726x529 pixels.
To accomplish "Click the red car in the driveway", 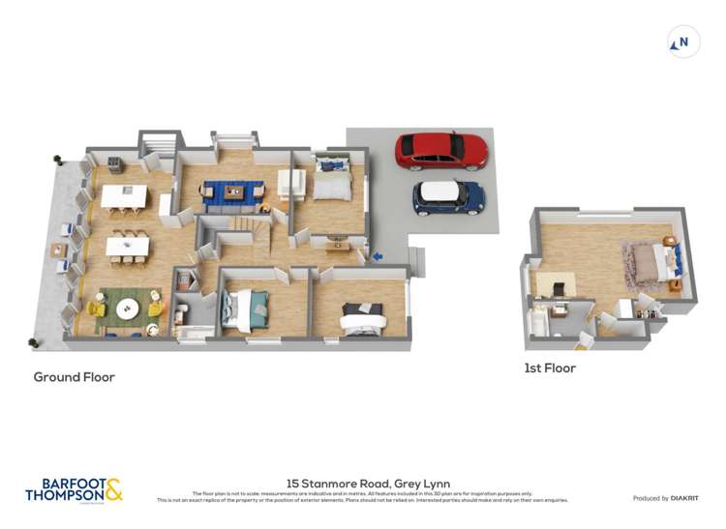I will (x=441, y=150).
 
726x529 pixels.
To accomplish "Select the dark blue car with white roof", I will (x=448, y=197).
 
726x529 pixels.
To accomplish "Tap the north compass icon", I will (x=684, y=43).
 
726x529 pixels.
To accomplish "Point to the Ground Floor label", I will (x=75, y=377).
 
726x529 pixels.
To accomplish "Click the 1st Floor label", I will (x=550, y=368).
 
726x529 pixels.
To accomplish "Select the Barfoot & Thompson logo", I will (x=74, y=490).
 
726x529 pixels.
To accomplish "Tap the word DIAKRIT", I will (x=690, y=498).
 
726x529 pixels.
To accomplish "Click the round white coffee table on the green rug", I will (x=128, y=309).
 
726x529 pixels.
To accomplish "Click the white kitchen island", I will (x=124, y=197).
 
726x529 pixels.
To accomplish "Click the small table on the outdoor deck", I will (x=60, y=250).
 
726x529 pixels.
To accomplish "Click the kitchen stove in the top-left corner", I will (x=114, y=162).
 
